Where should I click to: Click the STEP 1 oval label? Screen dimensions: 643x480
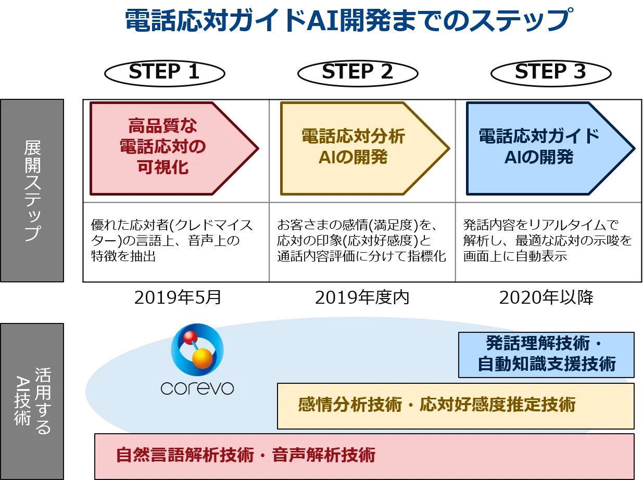(x=165, y=73)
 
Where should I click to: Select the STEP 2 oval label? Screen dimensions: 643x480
(x=358, y=73)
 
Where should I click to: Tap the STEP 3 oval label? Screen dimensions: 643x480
(x=551, y=73)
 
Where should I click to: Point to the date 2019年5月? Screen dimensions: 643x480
(x=178, y=297)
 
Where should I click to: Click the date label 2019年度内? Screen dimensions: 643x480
(x=362, y=297)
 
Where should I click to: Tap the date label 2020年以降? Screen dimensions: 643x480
(x=546, y=297)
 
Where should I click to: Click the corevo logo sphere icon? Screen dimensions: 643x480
(x=197, y=349)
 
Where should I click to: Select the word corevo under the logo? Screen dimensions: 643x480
(x=197, y=388)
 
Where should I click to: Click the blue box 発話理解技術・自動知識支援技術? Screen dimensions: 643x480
(x=546, y=355)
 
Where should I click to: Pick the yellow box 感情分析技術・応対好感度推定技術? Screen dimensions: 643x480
(x=456, y=406)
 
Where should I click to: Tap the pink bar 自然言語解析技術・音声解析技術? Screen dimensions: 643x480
(x=364, y=456)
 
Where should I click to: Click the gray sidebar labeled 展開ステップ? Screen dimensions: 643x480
(x=32, y=190)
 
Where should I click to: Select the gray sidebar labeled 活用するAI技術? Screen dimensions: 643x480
(x=32, y=401)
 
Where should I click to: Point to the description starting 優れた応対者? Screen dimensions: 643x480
(x=172, y=240)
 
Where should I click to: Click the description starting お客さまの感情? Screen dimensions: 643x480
(x=361, y=240)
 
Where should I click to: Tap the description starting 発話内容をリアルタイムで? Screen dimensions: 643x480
(x=548, y=240)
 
